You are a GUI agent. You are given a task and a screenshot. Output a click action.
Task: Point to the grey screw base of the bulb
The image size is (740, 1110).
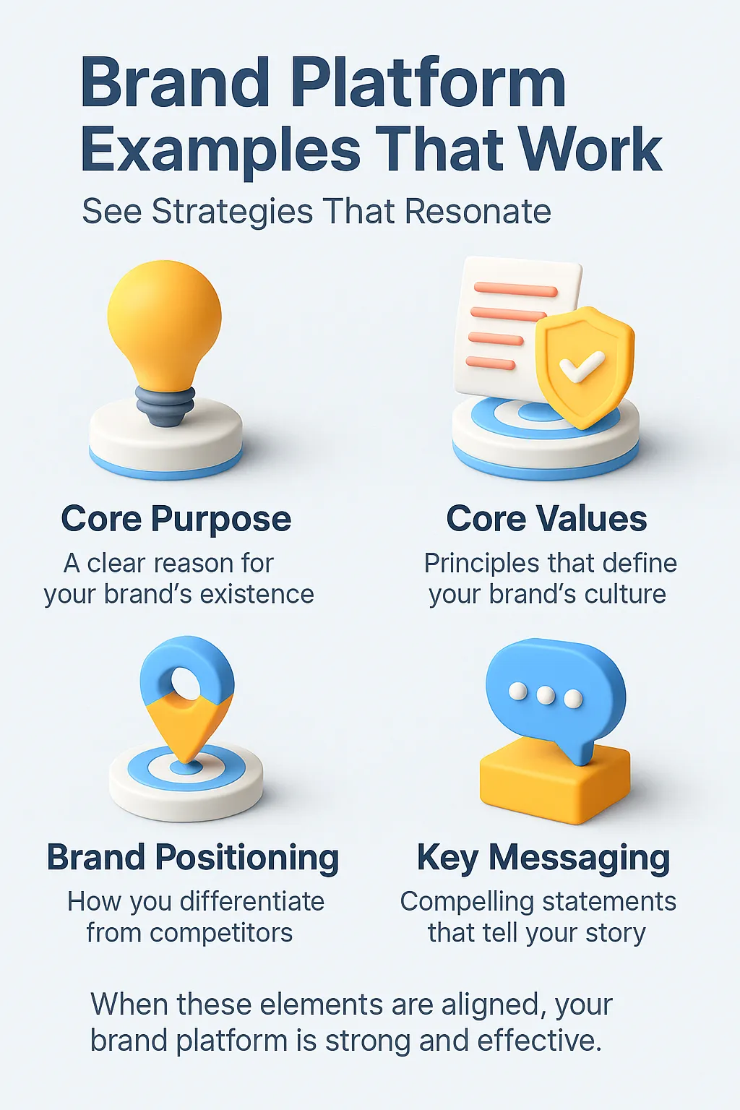pyautogui.click(x=165, y=405)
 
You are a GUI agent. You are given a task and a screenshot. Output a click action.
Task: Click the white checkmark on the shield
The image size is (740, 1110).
pyautogui.click(x=582, y=366)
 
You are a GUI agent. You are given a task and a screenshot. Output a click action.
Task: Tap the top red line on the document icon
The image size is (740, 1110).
pyautogui.click(x=515, y=289)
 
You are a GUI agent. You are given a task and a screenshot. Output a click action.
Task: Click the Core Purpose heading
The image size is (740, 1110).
pyautogui.click(x=176, y=519)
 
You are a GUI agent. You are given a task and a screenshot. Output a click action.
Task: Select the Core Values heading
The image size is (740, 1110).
pyautogui.click(x=547, y=518)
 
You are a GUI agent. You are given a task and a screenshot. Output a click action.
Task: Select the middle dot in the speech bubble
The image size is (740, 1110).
pyautogui.click(x=546, y=695)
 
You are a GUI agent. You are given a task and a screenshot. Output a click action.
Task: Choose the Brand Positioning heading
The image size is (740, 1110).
pyautogui.click(x=193, y=858)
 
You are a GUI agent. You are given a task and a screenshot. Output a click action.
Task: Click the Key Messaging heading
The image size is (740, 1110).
pyautogui.click(x=543, y=858)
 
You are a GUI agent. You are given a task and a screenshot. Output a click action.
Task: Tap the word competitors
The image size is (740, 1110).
pyautogui.click(x=221, y=933)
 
